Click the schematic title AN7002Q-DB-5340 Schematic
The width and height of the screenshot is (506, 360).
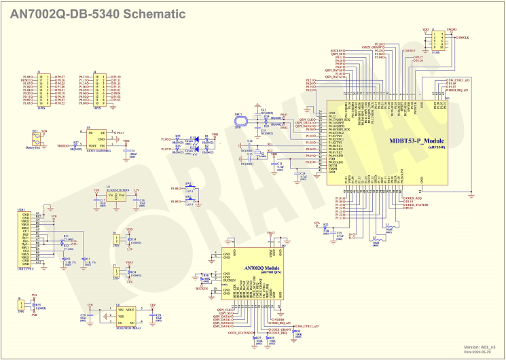[x=98, y=14]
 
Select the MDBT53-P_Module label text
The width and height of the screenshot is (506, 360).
[x=416, y=141]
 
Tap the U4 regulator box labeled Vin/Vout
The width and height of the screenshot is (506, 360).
[x=117, y=196]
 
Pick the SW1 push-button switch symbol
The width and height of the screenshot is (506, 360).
[x=189, y=187]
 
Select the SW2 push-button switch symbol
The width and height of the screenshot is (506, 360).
[x=189, y=202]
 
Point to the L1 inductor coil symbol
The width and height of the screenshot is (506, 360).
[x=388, y=228]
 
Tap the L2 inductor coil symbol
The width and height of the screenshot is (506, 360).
[x=376, y=239]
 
